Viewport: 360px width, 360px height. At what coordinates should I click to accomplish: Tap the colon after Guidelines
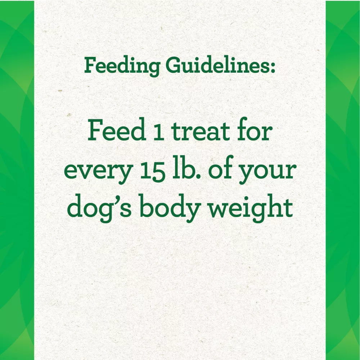[273, 68]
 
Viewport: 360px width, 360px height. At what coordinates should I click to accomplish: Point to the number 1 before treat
[159, 132]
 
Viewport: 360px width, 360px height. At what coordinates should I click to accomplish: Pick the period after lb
[198, 177]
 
